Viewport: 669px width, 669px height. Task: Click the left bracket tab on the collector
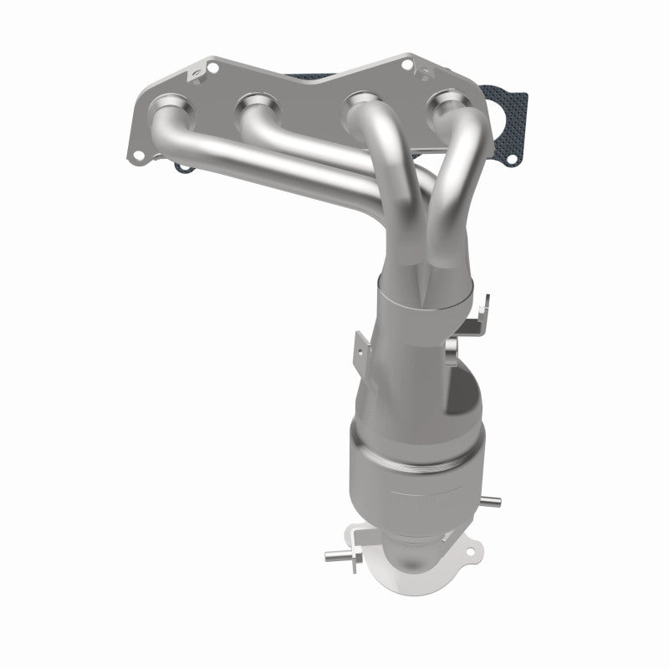(360, 345)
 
